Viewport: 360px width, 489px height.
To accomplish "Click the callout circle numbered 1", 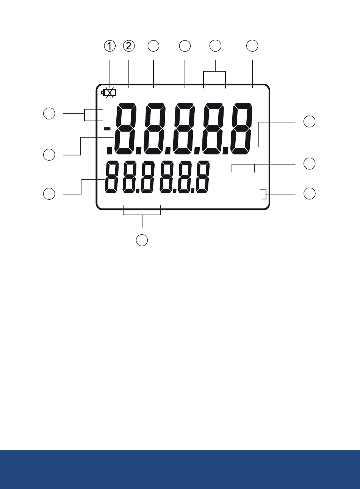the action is pos(110,46).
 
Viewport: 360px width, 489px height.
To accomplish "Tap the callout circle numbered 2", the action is pos(129,46).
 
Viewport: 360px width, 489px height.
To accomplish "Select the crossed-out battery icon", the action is pos(109,93).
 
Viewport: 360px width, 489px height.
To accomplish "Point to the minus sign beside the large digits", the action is pos(107,129).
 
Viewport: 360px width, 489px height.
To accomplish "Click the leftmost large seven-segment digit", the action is pos(126,129).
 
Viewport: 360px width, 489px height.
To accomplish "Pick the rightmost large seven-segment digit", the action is pos(242,129).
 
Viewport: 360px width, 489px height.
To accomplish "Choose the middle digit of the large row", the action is pos(184,129).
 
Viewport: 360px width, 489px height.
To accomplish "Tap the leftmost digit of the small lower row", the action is pos(112,177).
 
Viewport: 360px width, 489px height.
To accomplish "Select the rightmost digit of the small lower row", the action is pos(203,177).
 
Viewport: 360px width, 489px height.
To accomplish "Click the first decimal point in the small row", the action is pos(138,191).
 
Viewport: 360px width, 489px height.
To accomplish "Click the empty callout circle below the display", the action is pos(142,240).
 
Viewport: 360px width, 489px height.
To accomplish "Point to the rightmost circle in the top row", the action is pos(252,46).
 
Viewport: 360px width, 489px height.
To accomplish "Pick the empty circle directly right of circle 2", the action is pos(153,46).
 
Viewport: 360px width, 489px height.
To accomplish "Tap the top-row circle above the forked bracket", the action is pos(215,46).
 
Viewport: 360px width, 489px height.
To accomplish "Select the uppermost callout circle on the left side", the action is pos(49,113).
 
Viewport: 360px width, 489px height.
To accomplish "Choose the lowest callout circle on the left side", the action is pos(49,194).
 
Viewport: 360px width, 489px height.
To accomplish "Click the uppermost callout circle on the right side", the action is pos(309,121).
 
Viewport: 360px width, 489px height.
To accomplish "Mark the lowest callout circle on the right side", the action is pos(309,194).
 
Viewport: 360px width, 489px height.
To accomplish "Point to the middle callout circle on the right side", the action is pos(309,163).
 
